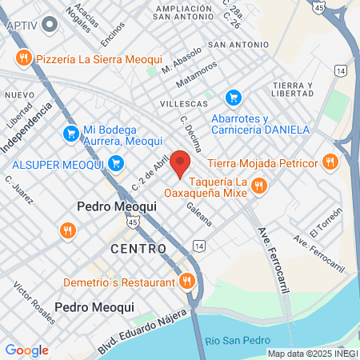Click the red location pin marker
point(180,163)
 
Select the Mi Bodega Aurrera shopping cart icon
point(70,133)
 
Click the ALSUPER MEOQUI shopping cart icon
point(116,164)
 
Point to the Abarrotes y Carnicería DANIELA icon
point(233,98)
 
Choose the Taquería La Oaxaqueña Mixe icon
point(258,186)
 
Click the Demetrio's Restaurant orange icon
point(187,282)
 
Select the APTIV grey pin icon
point(51,25)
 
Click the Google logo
point(27,350)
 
